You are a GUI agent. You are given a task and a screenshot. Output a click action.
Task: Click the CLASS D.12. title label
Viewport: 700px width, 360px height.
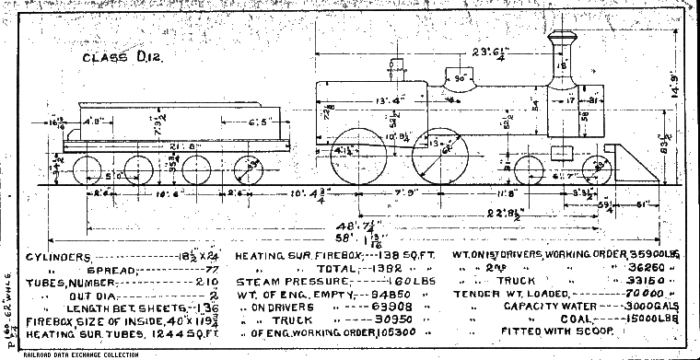click(111, 58)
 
